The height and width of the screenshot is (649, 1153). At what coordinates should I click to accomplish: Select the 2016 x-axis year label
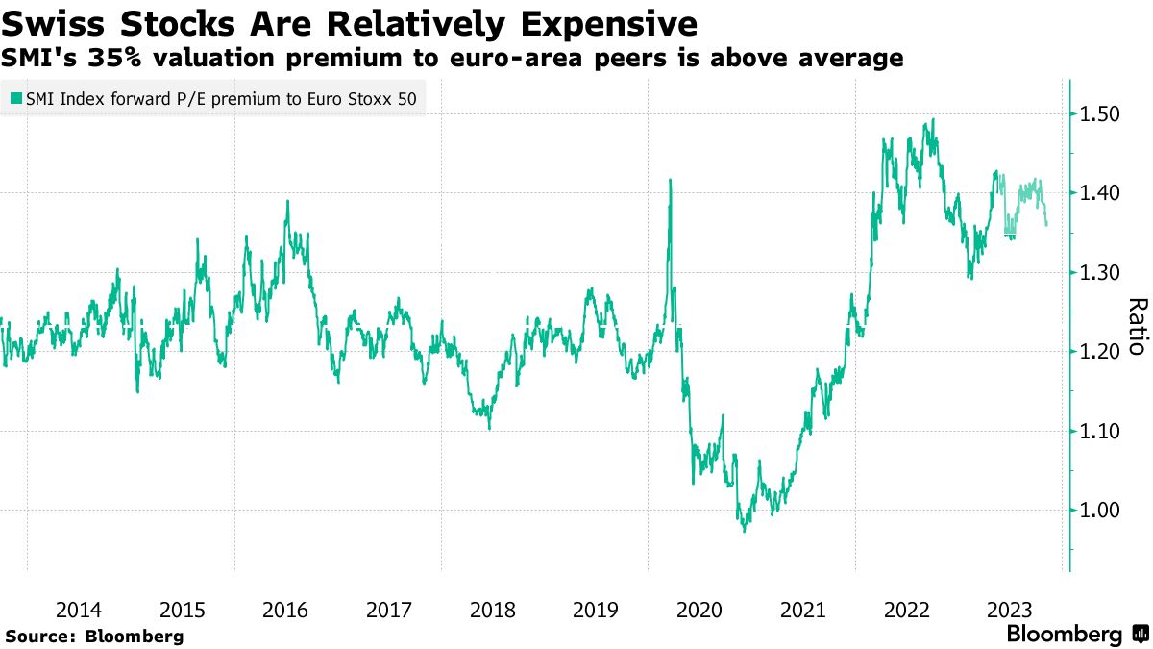pos(284,610)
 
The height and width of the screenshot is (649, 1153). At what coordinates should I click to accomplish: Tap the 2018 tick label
pos(492,610)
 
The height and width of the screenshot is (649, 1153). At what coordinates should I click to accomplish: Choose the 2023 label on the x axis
pos(1010,610)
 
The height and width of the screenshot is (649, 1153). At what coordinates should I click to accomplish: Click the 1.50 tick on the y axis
pos(1100,113)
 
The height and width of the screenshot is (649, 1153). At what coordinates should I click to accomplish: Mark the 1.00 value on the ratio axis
pos(1100,511)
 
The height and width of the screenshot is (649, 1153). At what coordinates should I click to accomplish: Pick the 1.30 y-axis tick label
pos(1100,273)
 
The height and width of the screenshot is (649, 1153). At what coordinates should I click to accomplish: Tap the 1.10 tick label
pos(1100,432)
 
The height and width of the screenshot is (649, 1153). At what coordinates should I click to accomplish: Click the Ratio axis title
pos(1137,327)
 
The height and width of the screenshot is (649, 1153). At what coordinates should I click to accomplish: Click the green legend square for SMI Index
pos(16,98)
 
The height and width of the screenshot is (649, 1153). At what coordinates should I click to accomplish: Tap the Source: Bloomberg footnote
pos(94,636)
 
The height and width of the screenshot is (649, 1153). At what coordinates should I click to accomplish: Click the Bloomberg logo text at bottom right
pos(1064,635)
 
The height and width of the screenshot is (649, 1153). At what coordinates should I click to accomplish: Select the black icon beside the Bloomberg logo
pos(1141,635)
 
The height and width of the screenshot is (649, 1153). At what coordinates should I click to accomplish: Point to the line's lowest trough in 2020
pos(744,530)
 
